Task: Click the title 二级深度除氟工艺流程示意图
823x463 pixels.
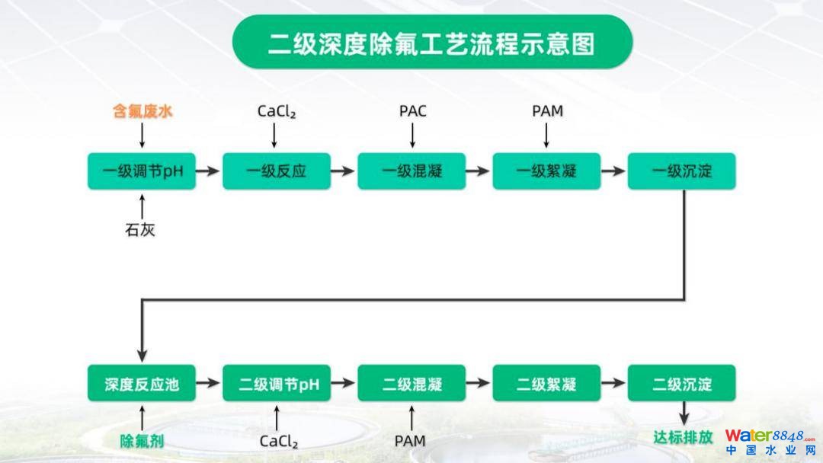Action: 431,43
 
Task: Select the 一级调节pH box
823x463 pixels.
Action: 142,171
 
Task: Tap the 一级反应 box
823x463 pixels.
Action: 276,171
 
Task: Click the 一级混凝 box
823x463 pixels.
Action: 411,171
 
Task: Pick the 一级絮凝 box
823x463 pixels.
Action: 546,171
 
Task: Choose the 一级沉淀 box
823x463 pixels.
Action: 681,171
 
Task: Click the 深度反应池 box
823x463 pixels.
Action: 142,383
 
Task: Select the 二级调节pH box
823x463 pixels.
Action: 276,383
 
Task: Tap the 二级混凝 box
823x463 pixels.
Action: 411,383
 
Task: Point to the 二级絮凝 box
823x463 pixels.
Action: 546,383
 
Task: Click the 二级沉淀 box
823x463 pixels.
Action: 681,383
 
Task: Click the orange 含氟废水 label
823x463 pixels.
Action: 143,112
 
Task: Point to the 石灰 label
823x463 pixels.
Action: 140,229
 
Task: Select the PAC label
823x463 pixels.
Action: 412,112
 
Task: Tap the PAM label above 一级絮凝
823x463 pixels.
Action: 547,112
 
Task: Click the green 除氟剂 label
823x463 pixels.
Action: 143,440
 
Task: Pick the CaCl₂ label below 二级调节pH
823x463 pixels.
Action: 278,441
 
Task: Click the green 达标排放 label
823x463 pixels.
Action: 683,438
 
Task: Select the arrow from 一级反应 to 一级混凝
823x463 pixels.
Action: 344,171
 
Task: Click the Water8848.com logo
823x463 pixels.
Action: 768,441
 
